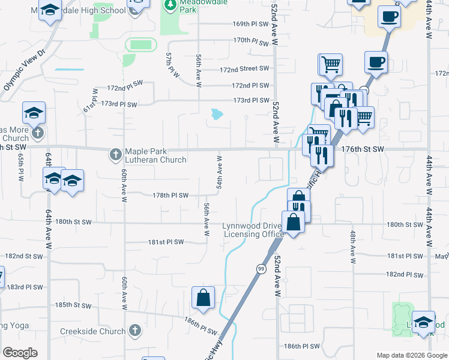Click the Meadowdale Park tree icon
tap(171, 5)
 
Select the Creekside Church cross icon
tap(136, 331)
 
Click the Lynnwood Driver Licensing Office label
tap(252, 230)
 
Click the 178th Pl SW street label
tap(170, 195)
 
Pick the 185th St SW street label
tap(72, 305)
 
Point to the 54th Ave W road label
tap(220, 173)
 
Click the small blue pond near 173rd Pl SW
tap(217, 113)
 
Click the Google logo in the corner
tap(20, 352)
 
